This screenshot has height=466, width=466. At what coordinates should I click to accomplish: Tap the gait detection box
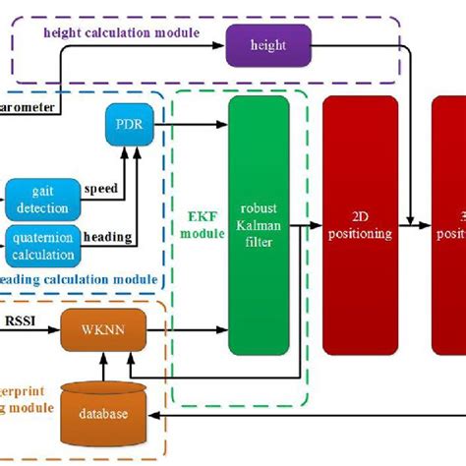point(36,199)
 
